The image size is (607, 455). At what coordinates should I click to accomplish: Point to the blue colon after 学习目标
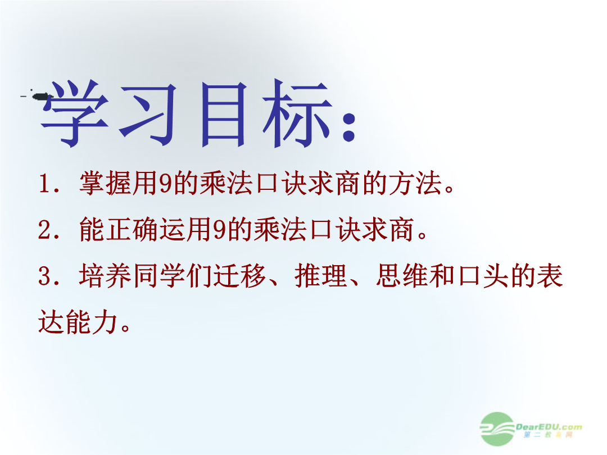tap(349, 126)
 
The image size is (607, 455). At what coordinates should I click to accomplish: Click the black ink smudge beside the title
tap(38, 95)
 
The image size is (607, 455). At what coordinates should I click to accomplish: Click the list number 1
tap(46, 183)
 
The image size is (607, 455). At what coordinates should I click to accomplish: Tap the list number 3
tap(46, 276)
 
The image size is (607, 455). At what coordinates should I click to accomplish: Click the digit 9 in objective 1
tap(165, 183)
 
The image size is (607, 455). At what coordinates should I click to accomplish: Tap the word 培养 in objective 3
tap(105, 276)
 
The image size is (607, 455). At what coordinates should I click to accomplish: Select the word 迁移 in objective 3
tap(240, 276)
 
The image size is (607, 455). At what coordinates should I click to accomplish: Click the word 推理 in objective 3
tap(321, 276)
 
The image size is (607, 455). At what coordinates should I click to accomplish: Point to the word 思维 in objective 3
tap(402, 276)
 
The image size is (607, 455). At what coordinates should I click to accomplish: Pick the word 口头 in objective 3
tap(483, 276)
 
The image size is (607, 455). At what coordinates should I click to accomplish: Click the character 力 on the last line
tap(105, 322)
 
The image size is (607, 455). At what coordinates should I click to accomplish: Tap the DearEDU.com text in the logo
tap(549, 427)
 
